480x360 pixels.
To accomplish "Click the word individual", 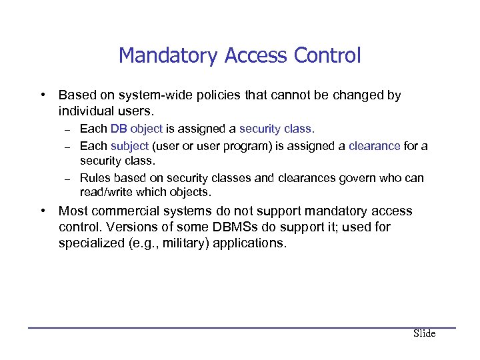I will click(x=88, y=111).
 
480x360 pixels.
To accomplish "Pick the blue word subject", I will click(x=129, y=145).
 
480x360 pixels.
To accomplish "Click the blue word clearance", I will click(x=375, y=145).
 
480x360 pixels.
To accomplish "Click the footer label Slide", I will click(x=424, y=333).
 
